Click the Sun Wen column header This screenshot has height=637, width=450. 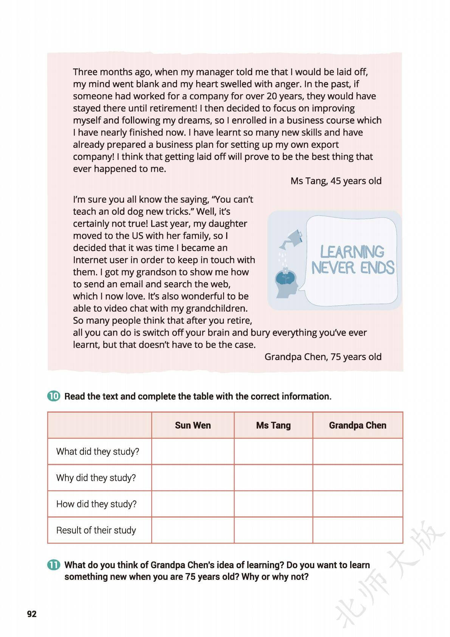[193, 425]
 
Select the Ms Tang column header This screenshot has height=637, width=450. [273, 425]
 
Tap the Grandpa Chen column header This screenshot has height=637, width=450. [357, 425]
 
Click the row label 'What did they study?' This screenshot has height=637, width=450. [98, 451]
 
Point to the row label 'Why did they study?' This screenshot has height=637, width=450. [96, 478]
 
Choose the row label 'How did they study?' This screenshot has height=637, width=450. [96, 504]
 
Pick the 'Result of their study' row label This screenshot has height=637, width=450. [96, 530]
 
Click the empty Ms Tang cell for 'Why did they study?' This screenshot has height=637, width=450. [273, 478]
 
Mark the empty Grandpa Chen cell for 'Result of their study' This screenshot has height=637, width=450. [357, 530]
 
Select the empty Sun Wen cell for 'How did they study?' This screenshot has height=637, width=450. [193, 504]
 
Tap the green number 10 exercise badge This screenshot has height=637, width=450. [54, 396]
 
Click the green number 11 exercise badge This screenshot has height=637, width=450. [54, 565]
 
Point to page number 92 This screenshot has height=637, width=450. [32, 614]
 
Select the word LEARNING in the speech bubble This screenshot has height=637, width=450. [352, 252]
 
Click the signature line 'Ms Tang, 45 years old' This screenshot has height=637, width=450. [336, 181]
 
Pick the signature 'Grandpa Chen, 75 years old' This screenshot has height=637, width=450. [323, 357]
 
